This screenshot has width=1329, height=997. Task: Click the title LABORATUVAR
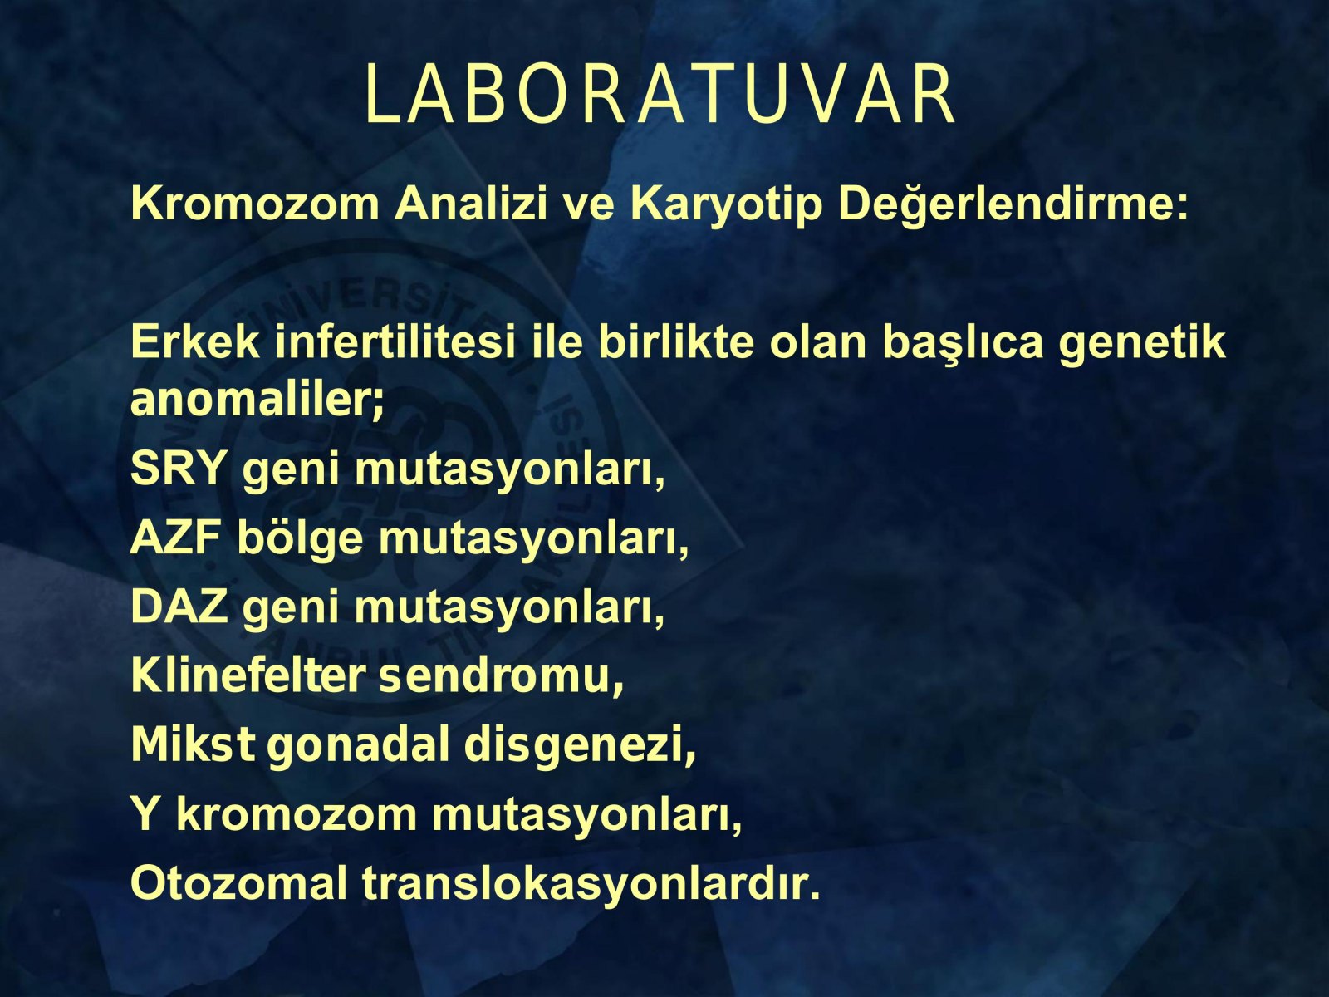coord(660,95)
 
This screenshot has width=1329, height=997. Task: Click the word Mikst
coord(192,744)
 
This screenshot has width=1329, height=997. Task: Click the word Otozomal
coord(240,883)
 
